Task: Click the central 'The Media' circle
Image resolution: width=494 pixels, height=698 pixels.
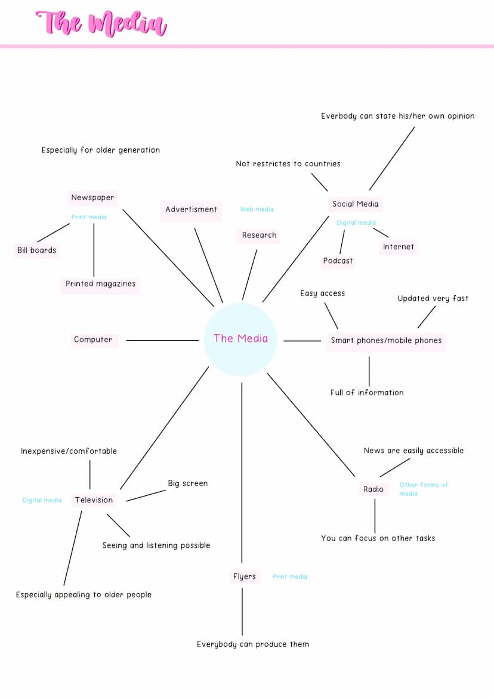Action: [240, 339]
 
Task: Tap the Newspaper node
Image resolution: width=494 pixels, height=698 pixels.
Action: [92, 198]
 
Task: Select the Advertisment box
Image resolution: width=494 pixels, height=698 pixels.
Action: [191, 210]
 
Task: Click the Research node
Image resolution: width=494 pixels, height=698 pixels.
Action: [259, 235]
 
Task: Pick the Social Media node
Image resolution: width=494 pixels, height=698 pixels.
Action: [355, 204]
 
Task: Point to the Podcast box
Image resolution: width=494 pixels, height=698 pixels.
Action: [338, 261]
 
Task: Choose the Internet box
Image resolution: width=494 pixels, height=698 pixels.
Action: [398, 247]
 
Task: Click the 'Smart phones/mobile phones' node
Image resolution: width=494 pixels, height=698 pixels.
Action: [386, 341]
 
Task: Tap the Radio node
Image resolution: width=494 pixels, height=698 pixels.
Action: [373, 489]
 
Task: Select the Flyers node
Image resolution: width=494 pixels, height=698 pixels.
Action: [244, 576]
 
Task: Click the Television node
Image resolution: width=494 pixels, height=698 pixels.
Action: [94, 500]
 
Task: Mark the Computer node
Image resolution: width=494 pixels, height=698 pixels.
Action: [93, 340]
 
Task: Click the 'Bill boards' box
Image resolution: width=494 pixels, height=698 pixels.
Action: [36, 250]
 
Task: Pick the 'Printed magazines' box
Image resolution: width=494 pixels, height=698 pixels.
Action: [100, 284]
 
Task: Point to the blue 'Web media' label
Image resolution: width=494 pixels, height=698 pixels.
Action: [257, 210]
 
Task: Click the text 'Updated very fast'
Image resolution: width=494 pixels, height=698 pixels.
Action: [433, 299]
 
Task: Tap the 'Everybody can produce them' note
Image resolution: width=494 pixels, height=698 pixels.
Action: [253, 644]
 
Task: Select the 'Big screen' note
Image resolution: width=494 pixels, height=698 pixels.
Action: [187, 483]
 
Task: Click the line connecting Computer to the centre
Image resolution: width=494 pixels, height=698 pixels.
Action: [162, 341]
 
